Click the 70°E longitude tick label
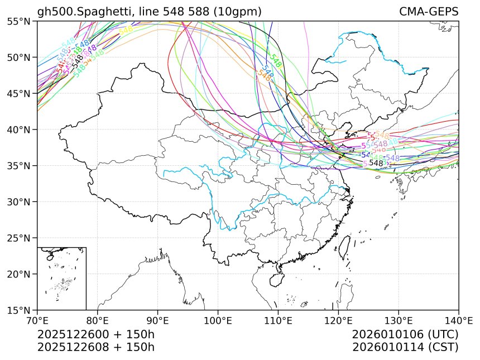[37, 320]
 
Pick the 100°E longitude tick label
[218, 320]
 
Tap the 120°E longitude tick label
[338, 320]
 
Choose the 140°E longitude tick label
[458, 320]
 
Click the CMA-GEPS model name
[429, 12]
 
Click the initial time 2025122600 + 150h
[95, 334]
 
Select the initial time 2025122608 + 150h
[95, 347]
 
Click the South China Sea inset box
[61, 278]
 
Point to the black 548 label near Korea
[377, 163]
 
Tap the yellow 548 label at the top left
[126, 30]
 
